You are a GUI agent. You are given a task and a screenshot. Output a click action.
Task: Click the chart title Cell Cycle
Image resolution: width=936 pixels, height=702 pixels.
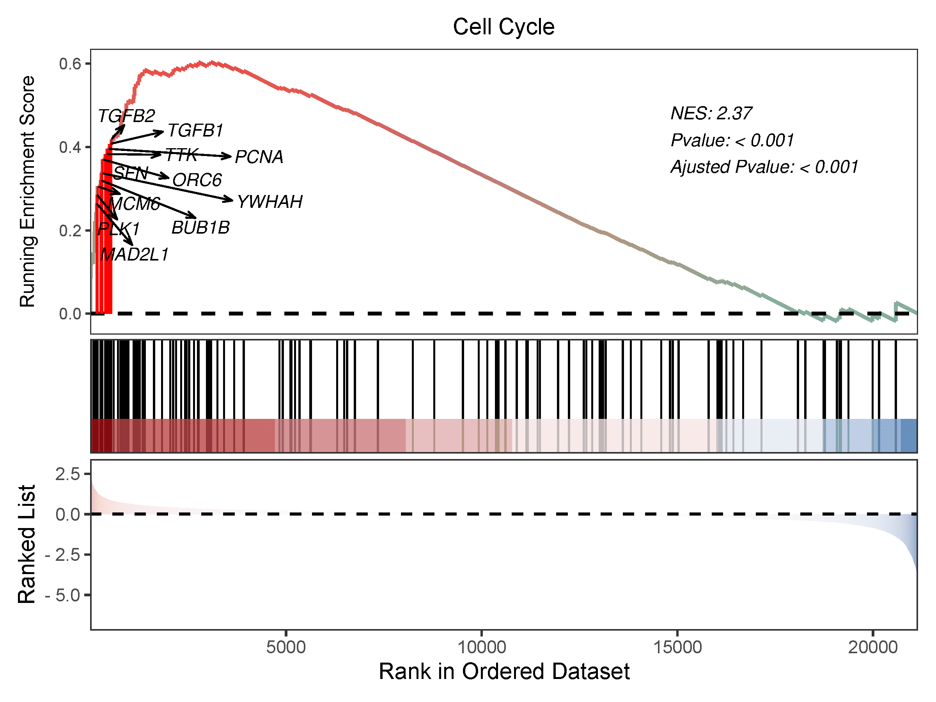pyautogui.click(x=503, y=27)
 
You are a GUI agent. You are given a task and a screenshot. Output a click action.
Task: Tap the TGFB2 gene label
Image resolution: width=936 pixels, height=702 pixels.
pyautogui.click(x=126, y=115)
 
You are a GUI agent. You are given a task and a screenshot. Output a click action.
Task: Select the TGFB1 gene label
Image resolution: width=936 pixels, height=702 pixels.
pyautogui.click(x=195, y=130)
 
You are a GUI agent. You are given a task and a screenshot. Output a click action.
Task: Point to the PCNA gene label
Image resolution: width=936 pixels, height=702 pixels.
pyautogui.click(x=259, y=157)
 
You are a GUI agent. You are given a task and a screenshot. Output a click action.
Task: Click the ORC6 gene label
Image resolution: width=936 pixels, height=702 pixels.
pyautogui.click(x=197, y=180)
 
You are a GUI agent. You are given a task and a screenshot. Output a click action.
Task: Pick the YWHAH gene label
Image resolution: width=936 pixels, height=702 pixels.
pyautogui.click(x=270, y=202)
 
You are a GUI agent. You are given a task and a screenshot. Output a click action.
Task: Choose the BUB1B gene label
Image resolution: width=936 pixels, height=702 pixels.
pyautogui.click(x=200, y=228)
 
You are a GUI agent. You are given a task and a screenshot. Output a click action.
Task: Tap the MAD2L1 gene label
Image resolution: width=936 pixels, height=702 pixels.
pyautogui.click(x=135, y=254)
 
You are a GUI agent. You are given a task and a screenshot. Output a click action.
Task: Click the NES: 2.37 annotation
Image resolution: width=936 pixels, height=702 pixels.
pyautogui.click(x=711, y=113)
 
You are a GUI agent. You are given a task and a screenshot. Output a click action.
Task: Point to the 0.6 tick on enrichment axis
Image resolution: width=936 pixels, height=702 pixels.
pyautogui.click(x=70, y=64)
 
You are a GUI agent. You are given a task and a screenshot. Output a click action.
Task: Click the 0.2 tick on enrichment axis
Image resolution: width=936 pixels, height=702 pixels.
pyautogui.click(x=70, y=231)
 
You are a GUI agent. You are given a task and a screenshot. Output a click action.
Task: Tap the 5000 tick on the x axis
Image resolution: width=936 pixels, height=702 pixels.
pyautogui.click(x=285, y=647)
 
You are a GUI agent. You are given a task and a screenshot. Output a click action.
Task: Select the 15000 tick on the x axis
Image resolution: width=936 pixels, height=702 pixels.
pyautogui.click(x=677, y=647)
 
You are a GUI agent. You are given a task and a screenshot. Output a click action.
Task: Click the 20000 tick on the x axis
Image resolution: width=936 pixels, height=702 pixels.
pyautogui.click(x=872, y=647)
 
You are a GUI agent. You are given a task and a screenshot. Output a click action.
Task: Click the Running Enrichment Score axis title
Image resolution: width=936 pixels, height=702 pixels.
pyautogui.click(x=28, y=191)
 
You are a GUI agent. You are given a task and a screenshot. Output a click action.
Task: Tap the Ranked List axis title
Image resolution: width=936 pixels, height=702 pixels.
pyautogui.click(x=27, y=544)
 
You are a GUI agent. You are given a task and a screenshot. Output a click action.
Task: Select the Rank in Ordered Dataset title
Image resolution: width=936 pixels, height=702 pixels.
pyautogui.click(x=503, y=672)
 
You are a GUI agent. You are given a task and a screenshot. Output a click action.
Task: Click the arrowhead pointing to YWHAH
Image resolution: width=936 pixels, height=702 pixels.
pyautogui.click(x=230, y=199)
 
